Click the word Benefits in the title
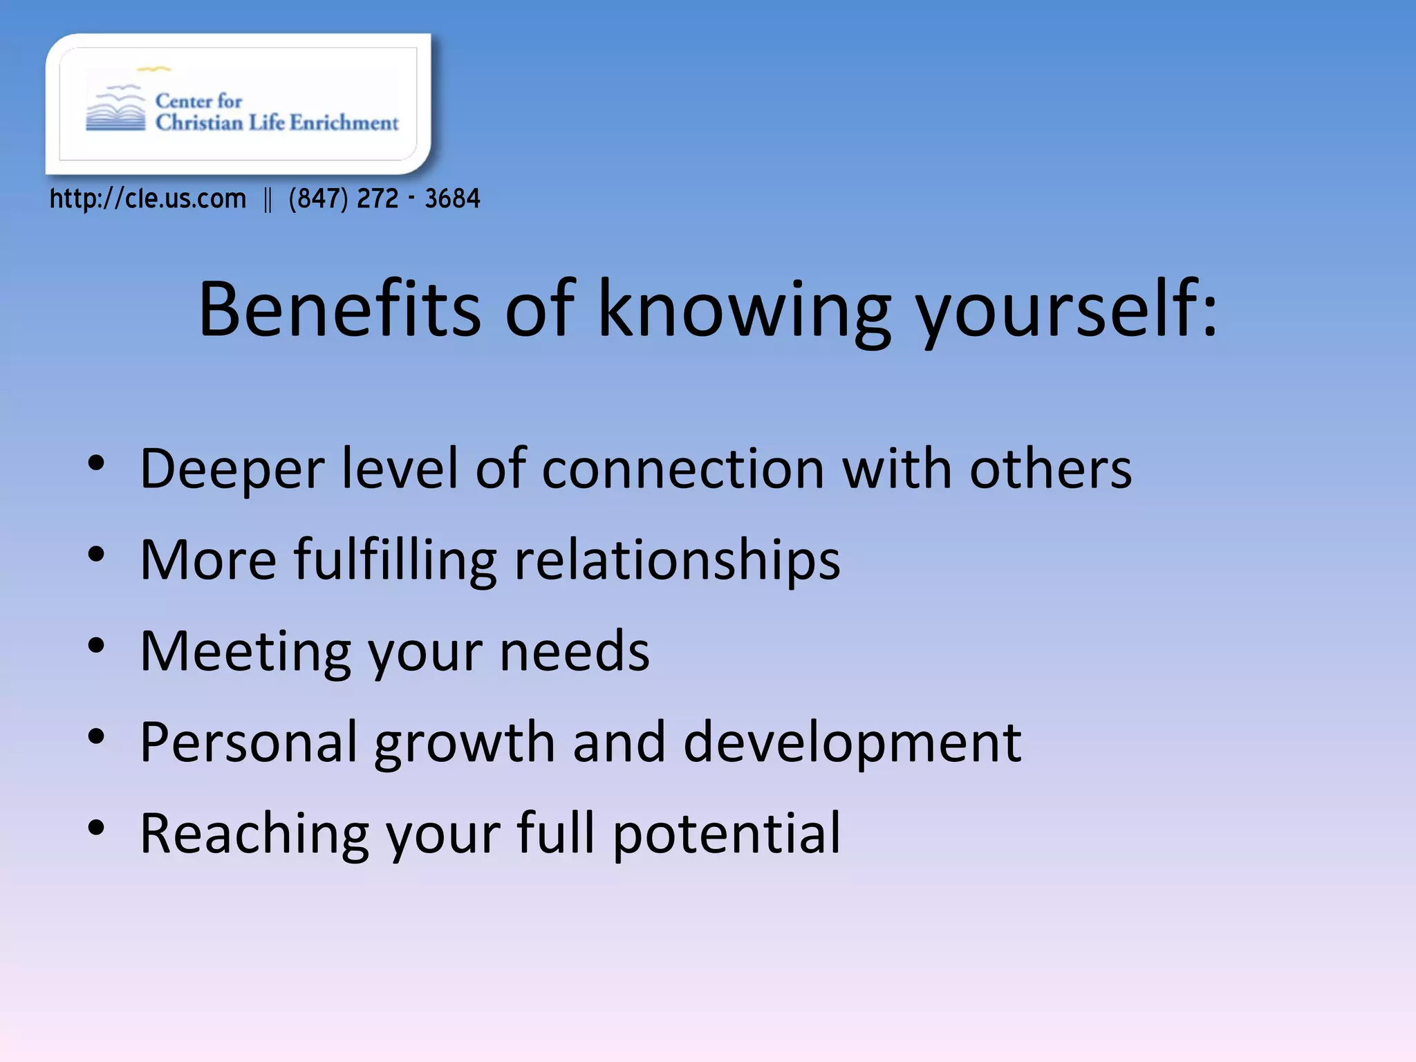(x=339, y=309)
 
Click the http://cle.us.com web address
(x=148, y=199)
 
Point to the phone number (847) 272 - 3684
(x=384, y=199)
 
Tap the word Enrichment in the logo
(x=344, y=123)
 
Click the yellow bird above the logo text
(x=153, y=69)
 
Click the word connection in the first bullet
(x=682, y=469)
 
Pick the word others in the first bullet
(x=1050, y=469)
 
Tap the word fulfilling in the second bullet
(x=395, y=560)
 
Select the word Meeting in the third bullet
(x=245, y=651)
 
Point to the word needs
(x=574, y=651)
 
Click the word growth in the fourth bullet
(x=464, y=743)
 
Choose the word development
(x=852, y=743)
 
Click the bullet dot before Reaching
(x=96, y=827)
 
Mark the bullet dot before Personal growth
(x=96, y=736)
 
